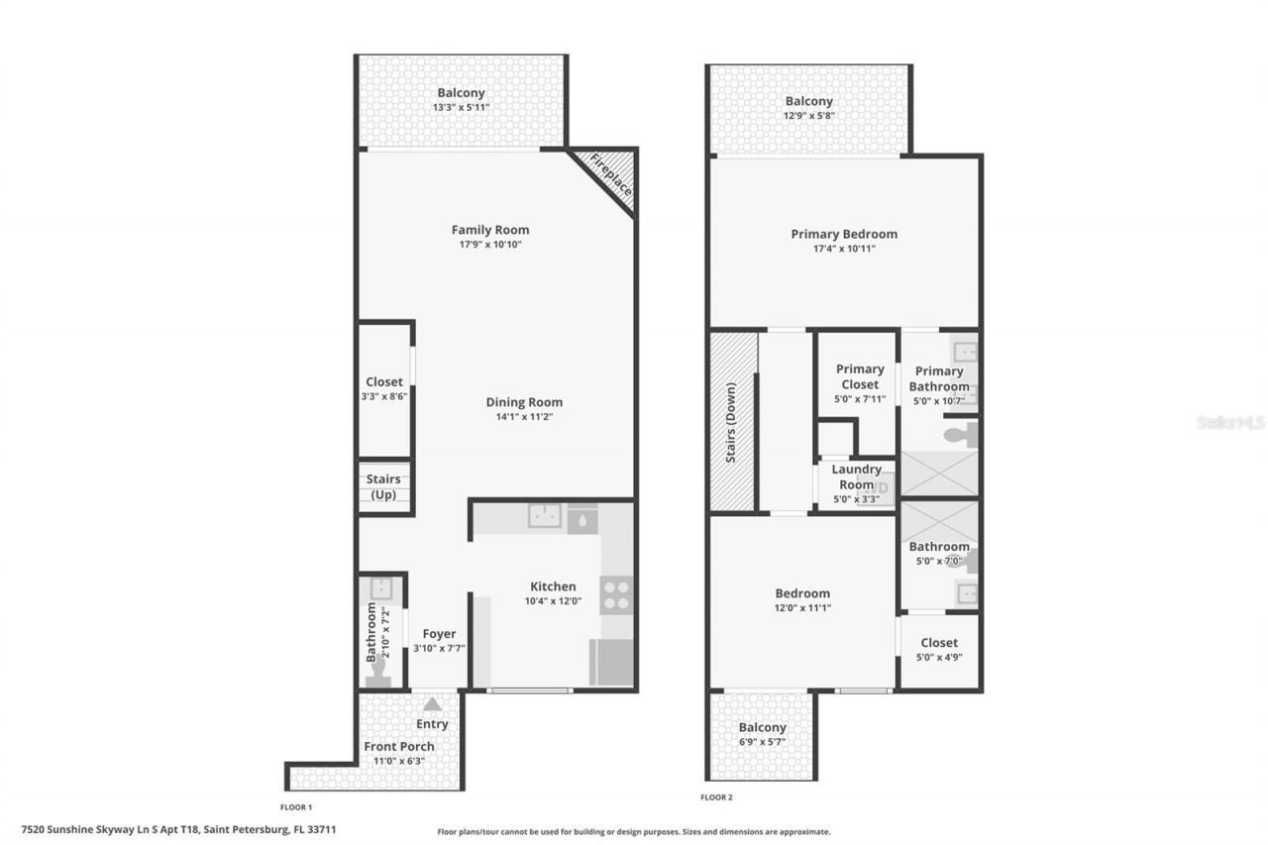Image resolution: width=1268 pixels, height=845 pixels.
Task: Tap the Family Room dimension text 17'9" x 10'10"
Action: click(489, 245)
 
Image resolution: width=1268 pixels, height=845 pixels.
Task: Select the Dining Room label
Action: click(524, 402)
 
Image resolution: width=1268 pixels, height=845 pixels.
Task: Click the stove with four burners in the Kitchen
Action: click(616, 594)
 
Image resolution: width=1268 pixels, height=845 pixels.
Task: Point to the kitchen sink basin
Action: click(544, 517)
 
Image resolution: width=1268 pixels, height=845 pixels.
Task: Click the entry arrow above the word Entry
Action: click(433, 704)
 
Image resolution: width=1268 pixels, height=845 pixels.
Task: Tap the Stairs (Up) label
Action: click(383, 486)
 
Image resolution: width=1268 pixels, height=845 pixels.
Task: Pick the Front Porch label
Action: click(399, 746)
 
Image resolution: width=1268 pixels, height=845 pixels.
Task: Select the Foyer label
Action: click(439, 634)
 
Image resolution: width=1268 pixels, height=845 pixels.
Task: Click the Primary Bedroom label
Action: click(844, 234)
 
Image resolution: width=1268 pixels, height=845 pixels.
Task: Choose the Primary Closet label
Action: click(859, 376)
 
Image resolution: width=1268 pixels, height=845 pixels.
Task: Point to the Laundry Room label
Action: click(856, 476)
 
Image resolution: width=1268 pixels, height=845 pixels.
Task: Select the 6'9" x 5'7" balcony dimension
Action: click(762, 741)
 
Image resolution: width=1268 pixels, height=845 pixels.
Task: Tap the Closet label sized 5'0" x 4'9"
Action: click(938, 642)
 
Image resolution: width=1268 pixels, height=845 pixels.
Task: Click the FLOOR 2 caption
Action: click(716, 796)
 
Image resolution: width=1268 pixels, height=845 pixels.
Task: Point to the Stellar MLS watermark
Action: click(1230, 422)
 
